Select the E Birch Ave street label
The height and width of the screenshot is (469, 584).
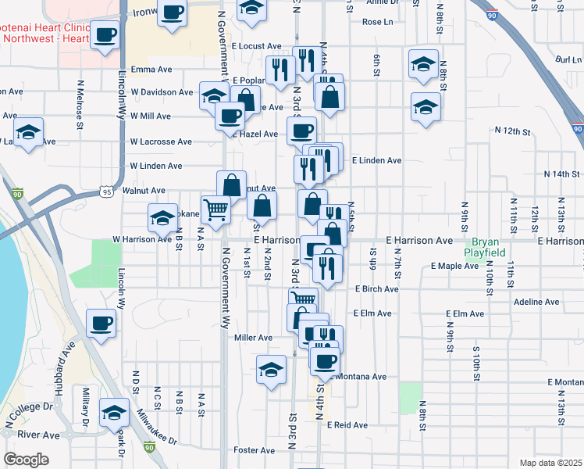point(376,289)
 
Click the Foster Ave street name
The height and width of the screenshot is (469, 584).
point(255,450)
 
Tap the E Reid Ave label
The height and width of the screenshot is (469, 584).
point(347,425)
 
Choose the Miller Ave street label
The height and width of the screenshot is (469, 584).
point(253,338)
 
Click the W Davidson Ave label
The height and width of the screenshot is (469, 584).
point(161,92)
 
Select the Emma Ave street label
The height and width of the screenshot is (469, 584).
point(151,69)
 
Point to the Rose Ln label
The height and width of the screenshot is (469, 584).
point(378,22)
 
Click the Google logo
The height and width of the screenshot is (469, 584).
point(26,459)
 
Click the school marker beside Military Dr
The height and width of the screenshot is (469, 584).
point(114,412)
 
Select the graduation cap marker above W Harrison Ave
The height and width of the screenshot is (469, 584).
point(162,217)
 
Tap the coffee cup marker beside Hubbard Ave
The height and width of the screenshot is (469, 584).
point(101,323)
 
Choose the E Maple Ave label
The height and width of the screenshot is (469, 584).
point(454,267)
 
